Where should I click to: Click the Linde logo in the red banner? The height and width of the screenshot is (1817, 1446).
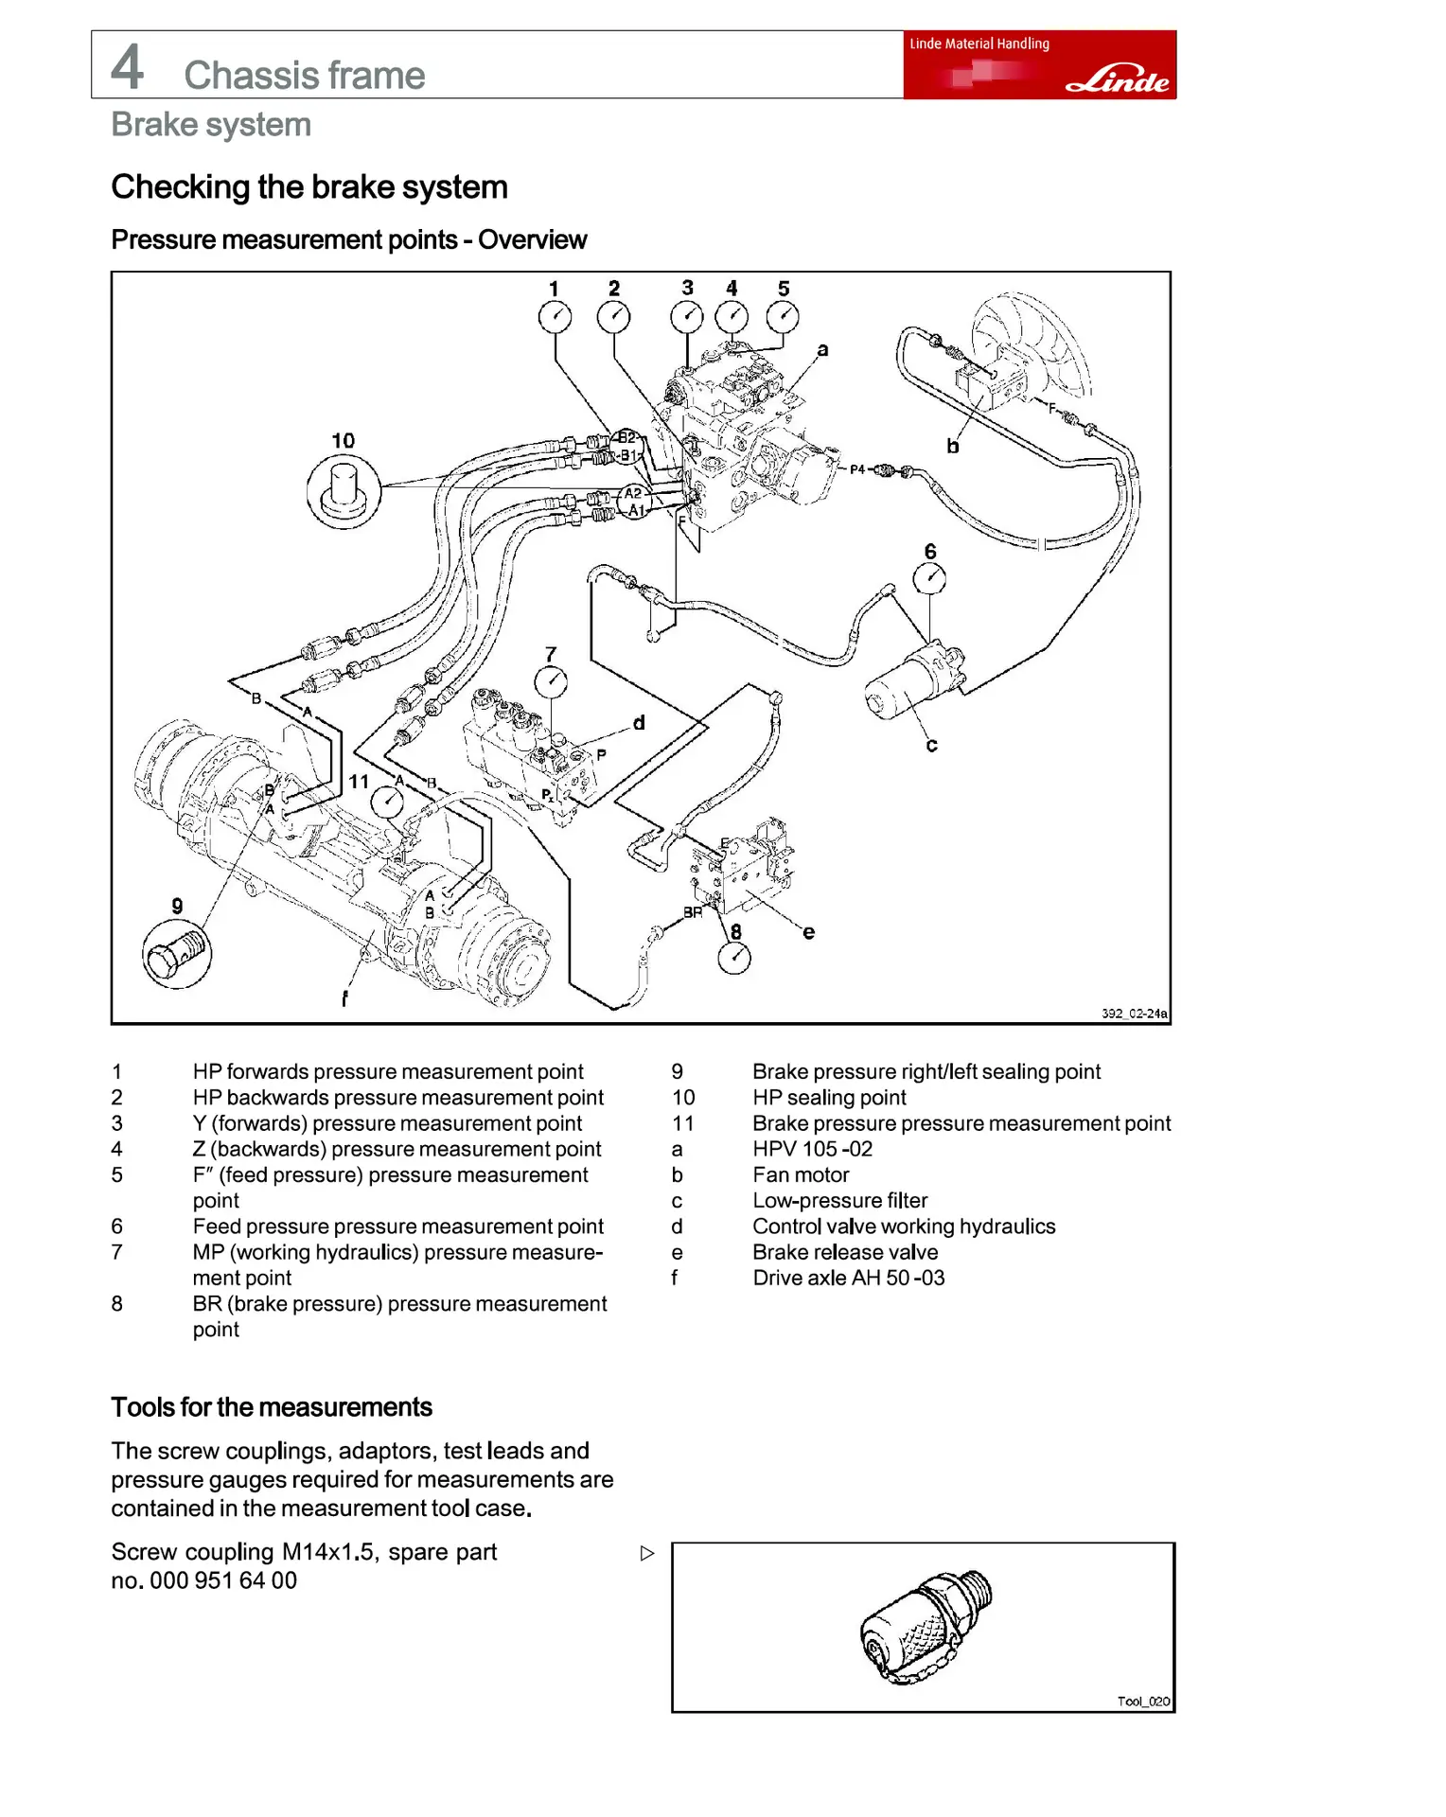point(1118,80)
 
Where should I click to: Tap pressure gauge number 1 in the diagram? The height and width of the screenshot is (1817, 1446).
point(555,317)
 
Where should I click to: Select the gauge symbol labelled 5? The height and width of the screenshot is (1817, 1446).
point(783,317)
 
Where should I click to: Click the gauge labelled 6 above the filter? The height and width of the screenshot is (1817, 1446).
point(929,578)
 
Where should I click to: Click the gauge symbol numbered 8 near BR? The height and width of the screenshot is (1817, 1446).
point(734,958)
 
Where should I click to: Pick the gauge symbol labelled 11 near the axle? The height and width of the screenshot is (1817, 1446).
point(386,803)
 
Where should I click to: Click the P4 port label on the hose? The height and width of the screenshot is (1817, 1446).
point(857,469)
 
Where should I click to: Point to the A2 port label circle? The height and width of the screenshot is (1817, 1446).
point(632,493)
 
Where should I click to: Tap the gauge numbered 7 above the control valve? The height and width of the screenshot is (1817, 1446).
point(551,681)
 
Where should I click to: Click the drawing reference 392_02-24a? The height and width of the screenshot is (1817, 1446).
point(1134,1014)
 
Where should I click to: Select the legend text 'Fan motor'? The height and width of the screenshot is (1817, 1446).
point(801,1174)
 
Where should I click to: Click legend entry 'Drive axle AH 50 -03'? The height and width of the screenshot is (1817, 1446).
point(848,1278)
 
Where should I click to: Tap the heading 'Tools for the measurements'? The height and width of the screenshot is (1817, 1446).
point(272,1407)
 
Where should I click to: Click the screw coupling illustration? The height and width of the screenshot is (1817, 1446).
point(925,1628)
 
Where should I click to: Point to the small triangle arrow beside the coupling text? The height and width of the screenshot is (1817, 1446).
point(647,1553)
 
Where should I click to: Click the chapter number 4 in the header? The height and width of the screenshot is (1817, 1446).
point(128,66)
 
